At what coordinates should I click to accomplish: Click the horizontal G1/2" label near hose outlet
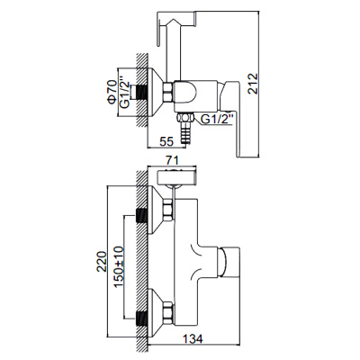click(220, 117)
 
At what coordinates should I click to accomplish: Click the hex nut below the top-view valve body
click(186, 115)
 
